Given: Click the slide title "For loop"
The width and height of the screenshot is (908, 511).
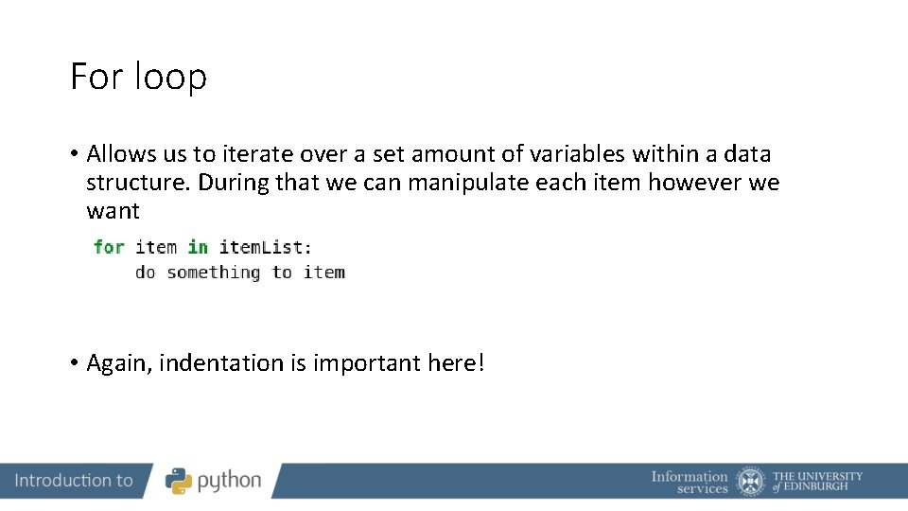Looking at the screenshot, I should click(x=138, y=77).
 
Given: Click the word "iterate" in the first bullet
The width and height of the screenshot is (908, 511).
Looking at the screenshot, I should click(x=257, y=153).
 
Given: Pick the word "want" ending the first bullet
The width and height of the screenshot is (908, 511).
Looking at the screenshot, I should click(x=113, y=210).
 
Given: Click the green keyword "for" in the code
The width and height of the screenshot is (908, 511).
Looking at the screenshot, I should click(x=109, y=247).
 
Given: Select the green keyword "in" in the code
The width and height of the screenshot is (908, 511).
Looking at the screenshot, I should click(x=198, y=247).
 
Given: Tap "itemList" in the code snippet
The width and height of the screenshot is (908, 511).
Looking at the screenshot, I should click(x=261, y=247).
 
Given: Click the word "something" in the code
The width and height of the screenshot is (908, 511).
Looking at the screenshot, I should click(x=214, y=273).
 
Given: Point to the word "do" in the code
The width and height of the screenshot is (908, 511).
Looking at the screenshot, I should click(x=145, y=273).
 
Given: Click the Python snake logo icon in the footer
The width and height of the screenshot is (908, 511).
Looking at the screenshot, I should click(x=179, y=481).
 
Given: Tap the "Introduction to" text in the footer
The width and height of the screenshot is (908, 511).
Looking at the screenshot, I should click(x=74, y=481).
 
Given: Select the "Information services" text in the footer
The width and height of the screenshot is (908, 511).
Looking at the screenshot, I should click(x=690, y=482).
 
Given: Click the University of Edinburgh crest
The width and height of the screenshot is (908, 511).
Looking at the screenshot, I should click(x=751, y=481).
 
